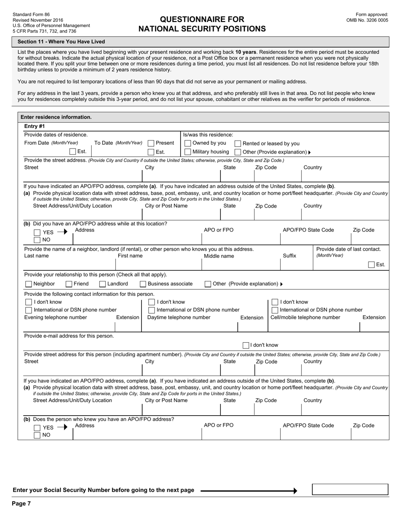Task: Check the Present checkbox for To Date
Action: [x=151, y=143]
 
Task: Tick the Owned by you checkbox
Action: [x=188, y=143]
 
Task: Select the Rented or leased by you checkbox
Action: [x=238, y=143]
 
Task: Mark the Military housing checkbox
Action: [x=188, y=152]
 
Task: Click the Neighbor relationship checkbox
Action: [x=29, y=284]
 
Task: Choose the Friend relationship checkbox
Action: [x=69, y=284]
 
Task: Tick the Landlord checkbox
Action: [x=103, y=284]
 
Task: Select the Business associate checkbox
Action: [x=143, y=284]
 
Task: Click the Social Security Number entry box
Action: [x=350, y=489]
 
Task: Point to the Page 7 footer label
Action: [x=21, y=503]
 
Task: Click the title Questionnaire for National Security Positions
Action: [x=202, y=24]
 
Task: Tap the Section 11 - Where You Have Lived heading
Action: [x=61, y=42]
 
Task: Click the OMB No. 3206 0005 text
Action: [x=367, y=20]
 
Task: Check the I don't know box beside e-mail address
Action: [x=246, y=345]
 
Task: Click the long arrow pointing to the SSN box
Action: [x=249, y=491]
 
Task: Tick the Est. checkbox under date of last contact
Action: [x=371, y=265]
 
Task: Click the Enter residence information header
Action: [x=56, y=117]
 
